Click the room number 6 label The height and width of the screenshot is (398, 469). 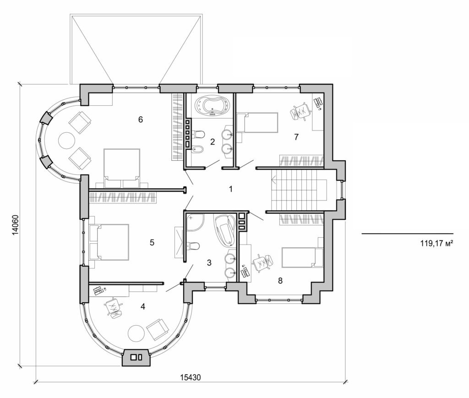click(x=141, y=120)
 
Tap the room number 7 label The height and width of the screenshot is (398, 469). click(x=296, y=136)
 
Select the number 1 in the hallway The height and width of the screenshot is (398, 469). click(x=231, y=189)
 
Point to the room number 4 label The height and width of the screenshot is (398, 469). click(x=143, y=306)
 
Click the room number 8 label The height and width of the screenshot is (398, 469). click(x=280, y=280)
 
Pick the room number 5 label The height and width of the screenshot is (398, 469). click(x=152, y=242)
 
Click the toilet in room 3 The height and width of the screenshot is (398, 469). click(x=194, y=246)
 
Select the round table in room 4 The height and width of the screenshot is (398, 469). click(x=136, y=333)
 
